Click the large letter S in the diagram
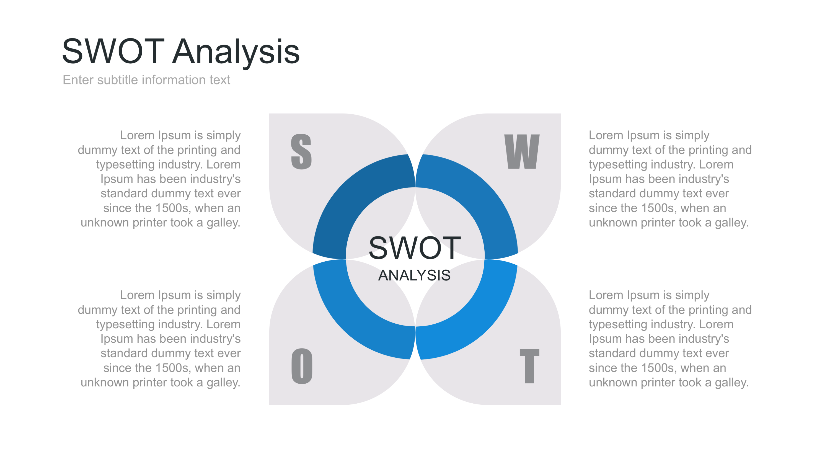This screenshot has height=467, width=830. [301, 151]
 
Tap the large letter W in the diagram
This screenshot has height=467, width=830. [522, 151]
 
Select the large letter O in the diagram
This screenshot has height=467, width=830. [302, 366]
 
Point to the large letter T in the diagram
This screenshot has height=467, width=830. [529, 366]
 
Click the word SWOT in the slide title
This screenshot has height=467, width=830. [113, 51]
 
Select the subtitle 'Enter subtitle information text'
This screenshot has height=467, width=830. [146, 80]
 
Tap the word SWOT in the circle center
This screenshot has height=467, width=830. [415, 248]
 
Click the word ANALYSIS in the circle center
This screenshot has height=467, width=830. [414, 275]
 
